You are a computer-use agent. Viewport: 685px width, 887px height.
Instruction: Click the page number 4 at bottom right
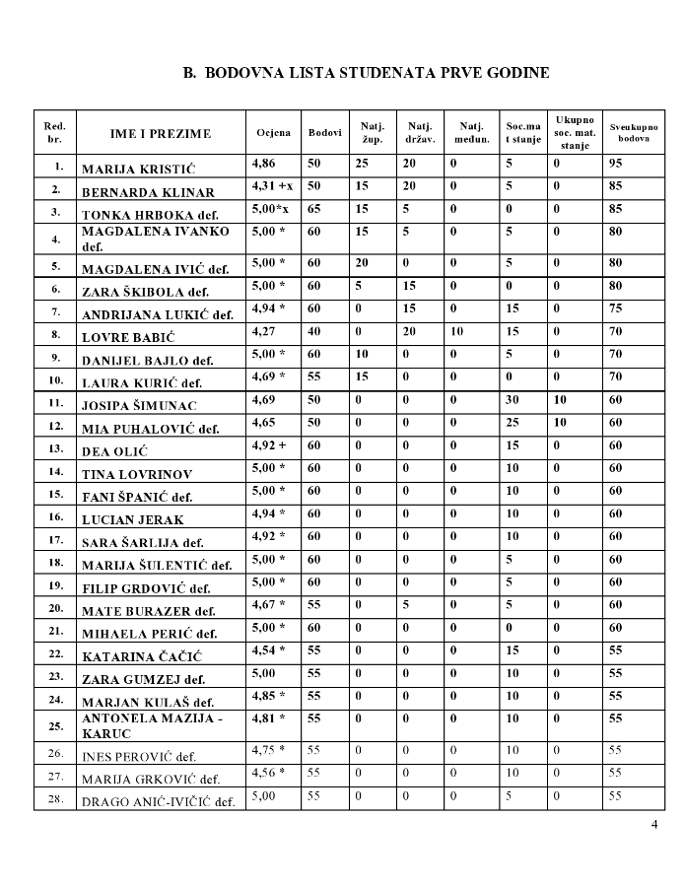point(654,824)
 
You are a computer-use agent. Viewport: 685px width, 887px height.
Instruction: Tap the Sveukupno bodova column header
point(633,132)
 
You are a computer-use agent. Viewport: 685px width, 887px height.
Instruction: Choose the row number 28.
point(56,796)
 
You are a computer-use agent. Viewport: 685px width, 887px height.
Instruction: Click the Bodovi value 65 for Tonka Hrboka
point(314,209)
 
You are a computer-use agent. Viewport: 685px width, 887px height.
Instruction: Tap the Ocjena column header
point(273,132)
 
